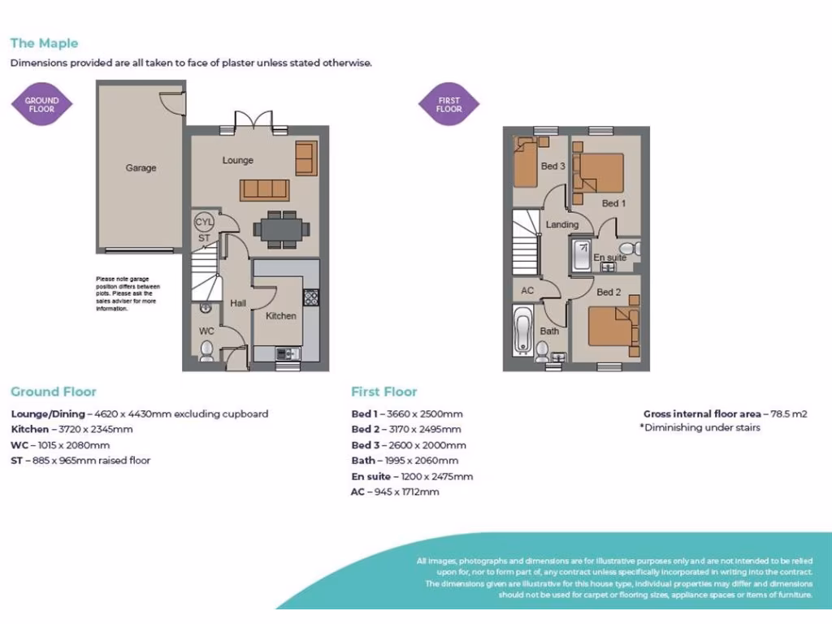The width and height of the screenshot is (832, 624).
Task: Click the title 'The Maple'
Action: (x=44, y=43)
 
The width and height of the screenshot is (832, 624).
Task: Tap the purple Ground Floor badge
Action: (x=41, y=105)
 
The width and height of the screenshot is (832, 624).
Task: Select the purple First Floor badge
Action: (x=448, y=105)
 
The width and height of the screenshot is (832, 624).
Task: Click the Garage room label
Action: (x=141, y=168)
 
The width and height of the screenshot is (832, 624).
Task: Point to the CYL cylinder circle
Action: (x=203, y=222)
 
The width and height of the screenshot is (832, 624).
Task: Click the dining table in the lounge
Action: (x=280, y=229)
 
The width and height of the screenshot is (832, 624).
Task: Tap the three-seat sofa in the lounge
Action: (x=265, y=189)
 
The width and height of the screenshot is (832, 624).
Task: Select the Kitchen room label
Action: (x=281, y=315)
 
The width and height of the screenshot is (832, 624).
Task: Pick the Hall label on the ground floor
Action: (x=238, y=303)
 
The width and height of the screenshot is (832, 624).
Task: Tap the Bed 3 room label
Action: (x=552, y=166)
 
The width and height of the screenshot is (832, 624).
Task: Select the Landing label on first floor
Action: (x=562, y=224)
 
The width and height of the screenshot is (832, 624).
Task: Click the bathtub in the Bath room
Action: (x=522, y=331)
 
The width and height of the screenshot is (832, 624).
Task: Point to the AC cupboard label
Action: (x=527, y=290)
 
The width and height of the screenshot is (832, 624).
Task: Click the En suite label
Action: (x=609, y=258)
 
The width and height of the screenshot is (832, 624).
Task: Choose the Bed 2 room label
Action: (x=609, y=292)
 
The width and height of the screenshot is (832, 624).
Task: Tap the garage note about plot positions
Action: (x=128, y=294)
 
